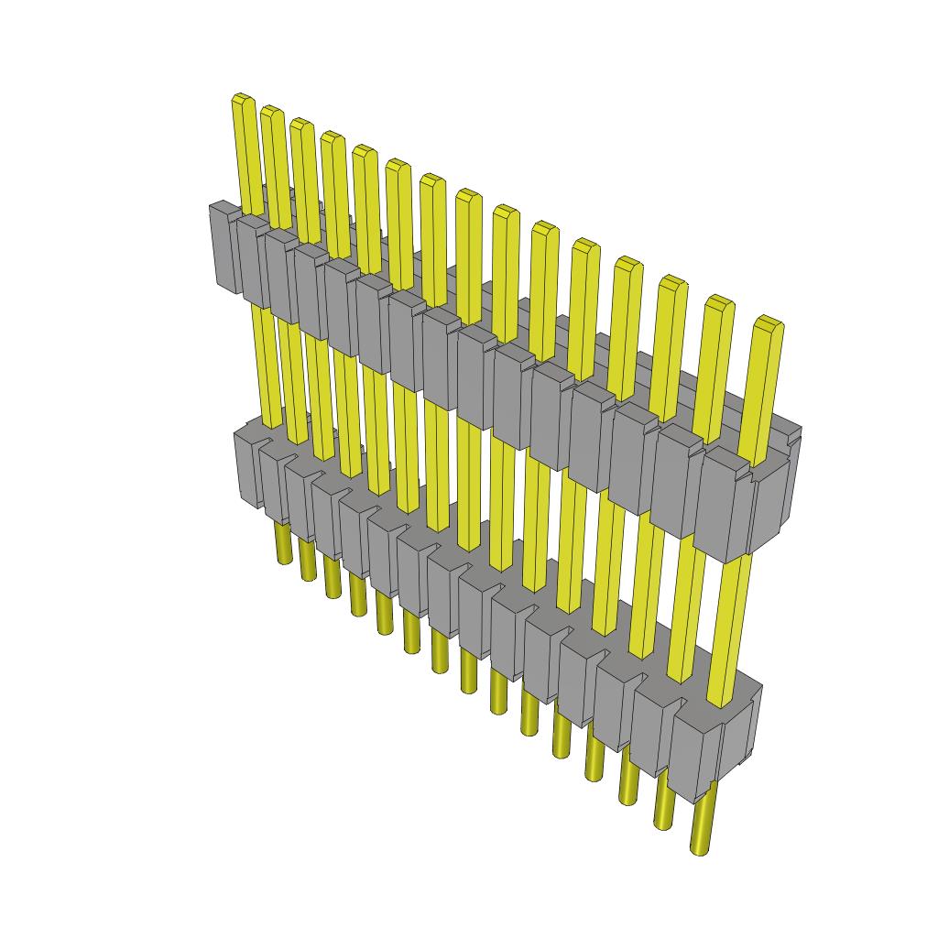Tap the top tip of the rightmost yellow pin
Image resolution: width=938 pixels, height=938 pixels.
click(769, 323)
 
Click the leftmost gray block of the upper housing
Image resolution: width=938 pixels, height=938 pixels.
click(224, 247)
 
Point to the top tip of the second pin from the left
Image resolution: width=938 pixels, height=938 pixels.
click(271, 111)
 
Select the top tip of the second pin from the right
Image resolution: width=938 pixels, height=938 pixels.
click(720, 302)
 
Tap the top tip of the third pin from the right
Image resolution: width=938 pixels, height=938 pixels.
click(672, 282)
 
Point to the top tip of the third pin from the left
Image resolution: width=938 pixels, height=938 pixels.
click(300, 124)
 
